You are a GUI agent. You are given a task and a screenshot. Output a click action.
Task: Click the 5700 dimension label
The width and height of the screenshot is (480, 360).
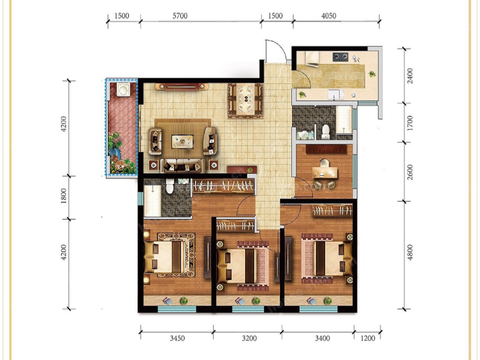[x=180, y=16]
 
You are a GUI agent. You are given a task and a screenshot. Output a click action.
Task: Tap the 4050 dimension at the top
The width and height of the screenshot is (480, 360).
[x=329, y=16]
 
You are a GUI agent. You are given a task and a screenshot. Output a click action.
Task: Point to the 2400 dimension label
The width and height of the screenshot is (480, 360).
[x=410, y=76]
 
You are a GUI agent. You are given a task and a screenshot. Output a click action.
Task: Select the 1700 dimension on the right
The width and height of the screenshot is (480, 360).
[x=410, y=123]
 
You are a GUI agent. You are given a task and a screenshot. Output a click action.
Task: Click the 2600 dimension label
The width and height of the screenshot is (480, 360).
[x=410, y=172]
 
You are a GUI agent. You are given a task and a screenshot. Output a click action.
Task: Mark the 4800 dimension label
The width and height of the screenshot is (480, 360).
[x=410, y=252]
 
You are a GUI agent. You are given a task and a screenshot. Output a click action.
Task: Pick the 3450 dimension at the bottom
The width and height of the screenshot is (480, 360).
[x=177, y=338]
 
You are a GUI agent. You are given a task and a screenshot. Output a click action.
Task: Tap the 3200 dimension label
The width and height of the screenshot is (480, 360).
[x=249, y=338]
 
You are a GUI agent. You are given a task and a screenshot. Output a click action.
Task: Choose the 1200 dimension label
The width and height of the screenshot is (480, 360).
[x=368, y=338]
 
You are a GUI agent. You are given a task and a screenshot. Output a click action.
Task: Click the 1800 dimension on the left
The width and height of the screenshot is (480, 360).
[x=64, y=196]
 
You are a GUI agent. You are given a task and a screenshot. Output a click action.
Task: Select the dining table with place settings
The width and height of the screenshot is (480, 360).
[x=246, y=99]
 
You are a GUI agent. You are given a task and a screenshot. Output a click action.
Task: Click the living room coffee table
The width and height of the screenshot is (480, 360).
[x=182, y=142]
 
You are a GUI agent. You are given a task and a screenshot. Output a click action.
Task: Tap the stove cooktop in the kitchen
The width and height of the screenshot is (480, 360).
[x=340, y=56]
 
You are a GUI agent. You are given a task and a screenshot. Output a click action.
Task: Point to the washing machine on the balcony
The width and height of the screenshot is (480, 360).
[x=123, y=90]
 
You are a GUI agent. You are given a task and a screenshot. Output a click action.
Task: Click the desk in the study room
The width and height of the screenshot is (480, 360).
[x=325, y=173]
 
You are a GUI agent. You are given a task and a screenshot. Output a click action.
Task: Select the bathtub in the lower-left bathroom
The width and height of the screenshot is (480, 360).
[x=153, y=201]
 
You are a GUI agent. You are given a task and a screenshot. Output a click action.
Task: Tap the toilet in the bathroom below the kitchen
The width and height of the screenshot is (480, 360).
[x=325, y=132]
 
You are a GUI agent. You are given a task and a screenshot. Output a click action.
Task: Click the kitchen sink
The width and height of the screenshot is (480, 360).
[x=336, y=94]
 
